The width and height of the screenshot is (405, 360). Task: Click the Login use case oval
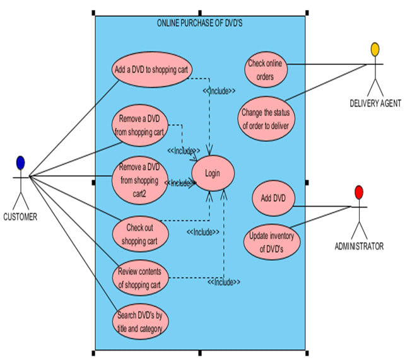pyautogui.click(x=213, y=173)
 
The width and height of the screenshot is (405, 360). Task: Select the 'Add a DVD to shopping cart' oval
pyautogui.click(x=152, y=69)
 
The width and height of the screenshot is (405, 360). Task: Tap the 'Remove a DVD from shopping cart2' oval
pyautogui.click(x=141, y=182)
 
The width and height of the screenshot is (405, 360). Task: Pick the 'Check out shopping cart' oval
pyautogui.click(x=140, y=233)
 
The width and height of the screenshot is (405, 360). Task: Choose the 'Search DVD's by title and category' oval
pyautogui.click(x=141, y=322)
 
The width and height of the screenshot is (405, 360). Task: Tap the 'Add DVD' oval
pyautogui.click(x=274, y=198)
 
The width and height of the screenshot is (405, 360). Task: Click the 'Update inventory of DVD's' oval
pyautogui.click(x=272, y=241)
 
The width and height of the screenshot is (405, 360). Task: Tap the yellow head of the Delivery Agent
pyautogui.click(x=375, y=49)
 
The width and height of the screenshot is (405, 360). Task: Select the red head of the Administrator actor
pyautogui.click(x=359, y=192)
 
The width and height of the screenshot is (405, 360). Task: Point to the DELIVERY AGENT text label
pyautogui.click(x=375, y=103)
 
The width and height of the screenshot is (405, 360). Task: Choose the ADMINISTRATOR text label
pyautogui.click(x=358, y=247)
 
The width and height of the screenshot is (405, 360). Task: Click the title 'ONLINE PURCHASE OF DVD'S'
pyautogui.click(x=200, y=23)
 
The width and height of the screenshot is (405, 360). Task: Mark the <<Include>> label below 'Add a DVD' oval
pyautogui.click(x=219, y=91)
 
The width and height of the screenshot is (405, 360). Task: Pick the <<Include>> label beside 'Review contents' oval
pyautogui.click(x=224, y=281)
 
